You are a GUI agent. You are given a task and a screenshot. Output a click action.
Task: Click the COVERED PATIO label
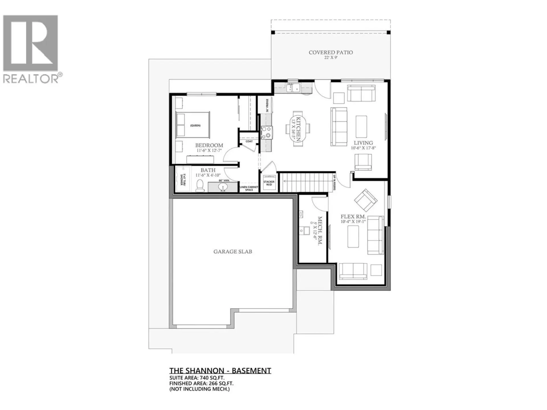pos(330,52)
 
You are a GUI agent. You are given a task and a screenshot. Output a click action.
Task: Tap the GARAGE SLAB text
pos(233,251)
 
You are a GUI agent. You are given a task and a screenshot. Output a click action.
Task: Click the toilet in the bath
pos(200,186)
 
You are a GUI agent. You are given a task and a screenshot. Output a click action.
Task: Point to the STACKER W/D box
pos(269,183)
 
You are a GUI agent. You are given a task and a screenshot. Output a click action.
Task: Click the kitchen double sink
pos(293,89)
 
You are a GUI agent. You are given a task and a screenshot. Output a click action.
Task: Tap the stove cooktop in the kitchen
pos(267,132)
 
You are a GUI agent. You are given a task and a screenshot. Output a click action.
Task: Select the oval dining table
pos(298,129)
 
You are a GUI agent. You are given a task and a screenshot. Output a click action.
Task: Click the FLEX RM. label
pos(353,217)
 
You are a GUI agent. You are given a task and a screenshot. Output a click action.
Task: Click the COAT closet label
pos(249,141)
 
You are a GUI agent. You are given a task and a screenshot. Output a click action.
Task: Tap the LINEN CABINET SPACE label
pos(249,188)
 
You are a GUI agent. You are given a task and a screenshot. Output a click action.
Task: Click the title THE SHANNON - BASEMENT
pos(220,370)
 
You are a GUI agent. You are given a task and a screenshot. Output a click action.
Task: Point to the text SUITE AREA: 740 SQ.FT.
pos(197,378)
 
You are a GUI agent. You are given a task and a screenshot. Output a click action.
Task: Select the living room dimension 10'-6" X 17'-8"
pos(363,148)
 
